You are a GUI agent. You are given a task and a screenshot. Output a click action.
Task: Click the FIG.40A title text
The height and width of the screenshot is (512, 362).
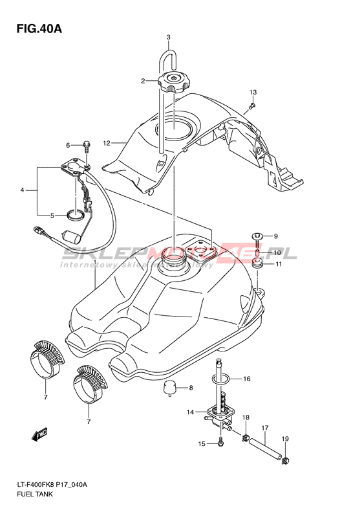[39, 29]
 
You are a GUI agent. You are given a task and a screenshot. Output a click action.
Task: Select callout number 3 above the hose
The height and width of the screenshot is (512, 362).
[168, 38]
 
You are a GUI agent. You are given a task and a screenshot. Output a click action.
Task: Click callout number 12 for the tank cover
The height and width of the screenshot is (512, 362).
[107, 142]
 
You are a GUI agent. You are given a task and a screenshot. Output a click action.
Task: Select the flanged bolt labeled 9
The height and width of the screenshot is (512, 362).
[257, 239]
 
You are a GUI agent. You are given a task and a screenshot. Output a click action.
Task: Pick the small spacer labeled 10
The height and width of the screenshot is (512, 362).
[257, 253]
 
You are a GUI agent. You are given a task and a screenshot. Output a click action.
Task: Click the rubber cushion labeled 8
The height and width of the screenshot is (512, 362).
[170, 388]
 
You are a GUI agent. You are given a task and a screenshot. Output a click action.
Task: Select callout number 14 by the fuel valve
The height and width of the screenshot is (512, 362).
[191, 412]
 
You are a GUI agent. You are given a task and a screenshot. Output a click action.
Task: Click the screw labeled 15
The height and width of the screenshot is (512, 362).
[221, 442]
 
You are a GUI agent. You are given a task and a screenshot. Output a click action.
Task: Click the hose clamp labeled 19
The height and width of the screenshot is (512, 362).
[286, 460]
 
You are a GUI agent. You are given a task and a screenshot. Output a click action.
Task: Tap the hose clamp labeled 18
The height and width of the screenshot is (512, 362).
[246, 437]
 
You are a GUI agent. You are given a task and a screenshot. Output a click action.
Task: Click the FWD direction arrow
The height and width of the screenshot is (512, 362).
[39, 434]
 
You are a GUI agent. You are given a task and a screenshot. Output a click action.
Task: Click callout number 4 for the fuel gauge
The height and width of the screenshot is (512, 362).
[22, 190]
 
